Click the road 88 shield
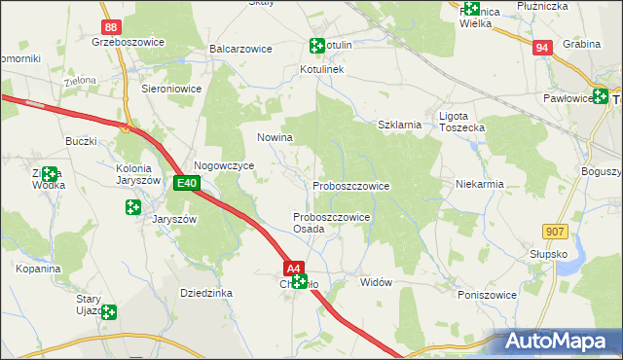tap(113, 28)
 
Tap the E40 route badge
tap(188, 183)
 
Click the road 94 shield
tap(543, 47)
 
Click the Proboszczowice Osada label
tap(331, 223)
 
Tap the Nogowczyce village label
tap(224, 166)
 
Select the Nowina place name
tap(275, 138)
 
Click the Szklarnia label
tap(399, 125)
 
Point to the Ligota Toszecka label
tap(461, 122)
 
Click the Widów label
tap(376, 282)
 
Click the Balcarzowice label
tap(239, 48)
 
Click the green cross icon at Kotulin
tap(316, 45)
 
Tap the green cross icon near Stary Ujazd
tap(109, 312)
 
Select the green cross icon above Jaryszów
tap(132, 206)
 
